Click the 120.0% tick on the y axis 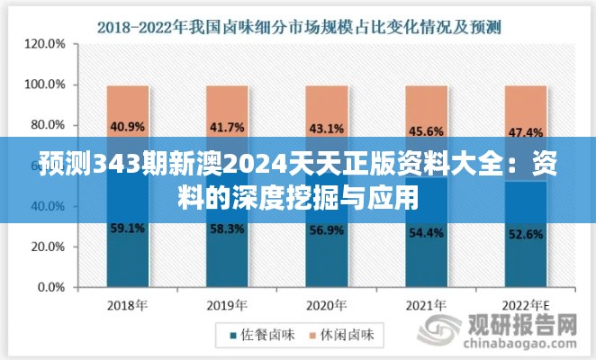(x=43, y=43)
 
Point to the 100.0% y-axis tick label (x=43, y=85)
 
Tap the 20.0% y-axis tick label (x=46, y=248)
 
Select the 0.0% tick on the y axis (x=49, y=289)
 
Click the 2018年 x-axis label (x=127, y=303)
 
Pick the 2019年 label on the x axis (x=226, y=303)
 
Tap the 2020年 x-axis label (x=325, y=303)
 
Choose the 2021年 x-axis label (x=425, y=303)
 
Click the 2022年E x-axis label (x=525, y=303)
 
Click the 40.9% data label (x=127, y=126)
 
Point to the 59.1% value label (x=127, y=229)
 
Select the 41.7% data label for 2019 (x=226, y=128)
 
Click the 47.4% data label (x=525, y=133)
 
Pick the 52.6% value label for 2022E (x=525, y=236)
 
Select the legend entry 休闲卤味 (x=351, y=336)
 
